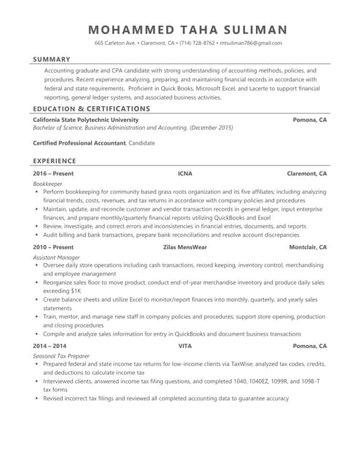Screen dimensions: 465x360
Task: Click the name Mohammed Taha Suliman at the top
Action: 188,30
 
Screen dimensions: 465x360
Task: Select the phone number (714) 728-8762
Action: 196,44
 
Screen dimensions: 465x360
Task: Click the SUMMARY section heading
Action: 52,59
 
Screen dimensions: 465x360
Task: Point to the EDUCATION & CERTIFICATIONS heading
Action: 92,108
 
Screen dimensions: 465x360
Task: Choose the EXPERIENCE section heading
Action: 55,160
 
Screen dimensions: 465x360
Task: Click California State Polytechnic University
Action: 86,118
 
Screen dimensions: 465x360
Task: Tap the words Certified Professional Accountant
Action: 79,143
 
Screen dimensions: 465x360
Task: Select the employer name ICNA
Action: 185,174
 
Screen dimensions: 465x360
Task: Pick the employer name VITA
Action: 185,347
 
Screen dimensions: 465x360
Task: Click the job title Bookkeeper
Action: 48,185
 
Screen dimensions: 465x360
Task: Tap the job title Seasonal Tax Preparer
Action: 61,356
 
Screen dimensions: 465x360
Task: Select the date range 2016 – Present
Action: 53,174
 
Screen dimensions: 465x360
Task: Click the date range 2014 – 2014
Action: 50,347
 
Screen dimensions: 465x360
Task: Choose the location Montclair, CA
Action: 308,248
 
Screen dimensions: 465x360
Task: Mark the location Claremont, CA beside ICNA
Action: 307,174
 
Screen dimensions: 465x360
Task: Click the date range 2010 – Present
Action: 53,248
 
